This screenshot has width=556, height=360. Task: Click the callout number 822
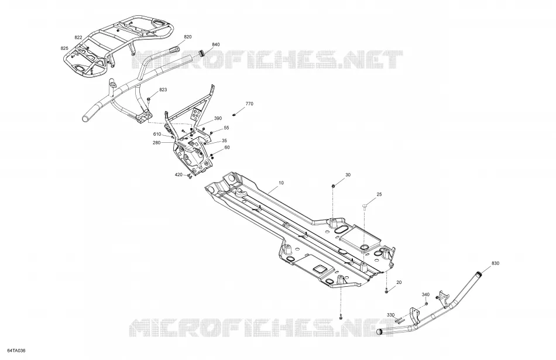(x=78, y=37)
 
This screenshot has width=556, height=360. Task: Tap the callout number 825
(x=64, y=48)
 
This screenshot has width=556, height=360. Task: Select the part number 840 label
(x=215, y=44)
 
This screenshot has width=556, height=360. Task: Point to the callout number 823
(x=163, y=90)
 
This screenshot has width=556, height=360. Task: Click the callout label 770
(x=249, y=104)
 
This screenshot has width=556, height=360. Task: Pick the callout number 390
(x=218, y=118)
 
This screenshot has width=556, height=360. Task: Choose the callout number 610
(x=157, y=134)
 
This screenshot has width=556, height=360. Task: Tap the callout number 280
(x=156, y=143)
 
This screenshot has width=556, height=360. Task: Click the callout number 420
(x=179, y=174)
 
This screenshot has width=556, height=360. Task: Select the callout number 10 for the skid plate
(x=281, y=183)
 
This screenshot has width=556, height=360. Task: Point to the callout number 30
(x=348, y=175)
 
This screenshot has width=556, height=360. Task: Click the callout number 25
(x=379, y=194)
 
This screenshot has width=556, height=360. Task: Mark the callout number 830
(x=495, y=263)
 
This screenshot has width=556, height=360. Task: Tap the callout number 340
(x=425, y=295)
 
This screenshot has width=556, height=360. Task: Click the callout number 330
(x=390, y=315)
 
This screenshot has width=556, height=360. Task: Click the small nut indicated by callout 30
(x=334, y=186)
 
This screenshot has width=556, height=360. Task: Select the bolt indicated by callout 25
(x=365, y=207)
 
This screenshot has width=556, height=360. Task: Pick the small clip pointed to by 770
(x=234, y=115)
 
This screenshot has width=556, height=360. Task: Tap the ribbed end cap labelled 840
(x=202, y=54)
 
